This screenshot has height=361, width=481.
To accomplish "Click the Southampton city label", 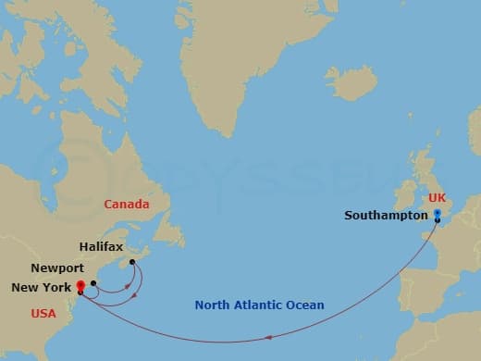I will tap(386, 216).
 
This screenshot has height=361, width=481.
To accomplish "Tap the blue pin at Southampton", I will tap(437, 213).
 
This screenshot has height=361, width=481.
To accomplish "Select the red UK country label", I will tap(437, 198).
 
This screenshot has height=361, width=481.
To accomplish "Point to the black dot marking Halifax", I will tap(132, 262).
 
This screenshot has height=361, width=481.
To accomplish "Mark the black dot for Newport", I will tap(93, 283).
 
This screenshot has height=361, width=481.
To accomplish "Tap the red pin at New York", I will tap(81, 285).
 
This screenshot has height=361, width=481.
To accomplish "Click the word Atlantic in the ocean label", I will tap(261, 305).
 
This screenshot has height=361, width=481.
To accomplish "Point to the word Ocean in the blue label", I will tap(305, 305).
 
